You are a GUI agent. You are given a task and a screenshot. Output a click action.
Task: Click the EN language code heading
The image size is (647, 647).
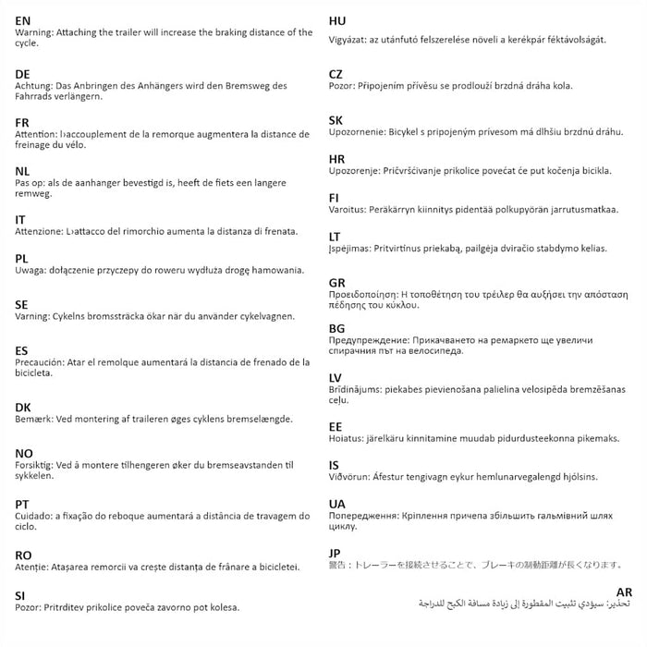23,19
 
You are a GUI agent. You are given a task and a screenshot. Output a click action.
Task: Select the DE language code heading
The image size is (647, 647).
23,73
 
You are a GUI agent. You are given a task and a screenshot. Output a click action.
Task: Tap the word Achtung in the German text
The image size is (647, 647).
35,85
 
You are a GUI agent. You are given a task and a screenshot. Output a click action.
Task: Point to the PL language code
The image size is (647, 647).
22,258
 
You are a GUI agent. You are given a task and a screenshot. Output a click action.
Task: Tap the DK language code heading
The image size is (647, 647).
23,408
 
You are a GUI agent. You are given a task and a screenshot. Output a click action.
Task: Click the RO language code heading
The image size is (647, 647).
24,555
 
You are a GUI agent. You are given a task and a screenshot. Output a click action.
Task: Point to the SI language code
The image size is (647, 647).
20,595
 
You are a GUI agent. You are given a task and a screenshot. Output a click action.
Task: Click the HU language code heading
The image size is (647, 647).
337,19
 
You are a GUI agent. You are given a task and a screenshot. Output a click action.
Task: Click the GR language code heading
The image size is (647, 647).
338,282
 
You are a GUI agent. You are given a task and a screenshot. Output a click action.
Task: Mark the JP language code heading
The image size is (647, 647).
336,553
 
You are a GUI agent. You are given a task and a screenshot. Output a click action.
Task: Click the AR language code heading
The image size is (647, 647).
624,592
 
